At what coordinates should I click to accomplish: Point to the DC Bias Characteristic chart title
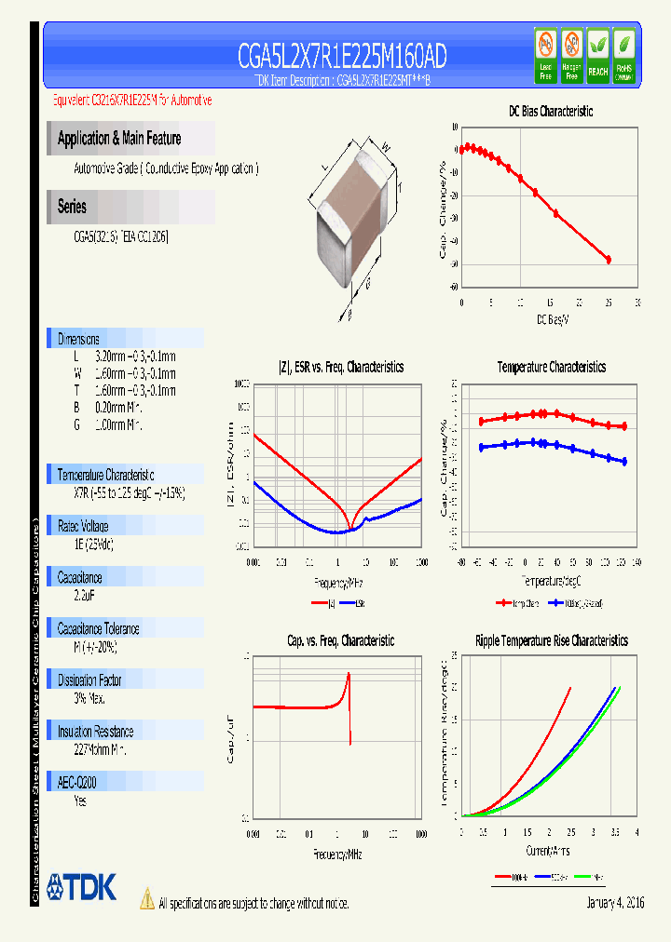click(x=550, y=111)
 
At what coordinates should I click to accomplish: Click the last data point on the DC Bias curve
click(x=609, y=260)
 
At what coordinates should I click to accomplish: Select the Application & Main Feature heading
click(x=119, y=139)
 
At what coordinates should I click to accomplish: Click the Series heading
click(x=72, y=207)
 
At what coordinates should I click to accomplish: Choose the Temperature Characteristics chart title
click(x=551, y=367)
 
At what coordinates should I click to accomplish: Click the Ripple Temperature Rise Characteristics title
click(x=551, y=640)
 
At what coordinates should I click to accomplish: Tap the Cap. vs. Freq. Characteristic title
click(x=340, y=640)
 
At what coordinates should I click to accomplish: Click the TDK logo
click(x=81, y=888)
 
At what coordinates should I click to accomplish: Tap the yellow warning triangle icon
click(x=146, y=898)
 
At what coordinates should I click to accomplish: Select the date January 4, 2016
click(x=615, y=903)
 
